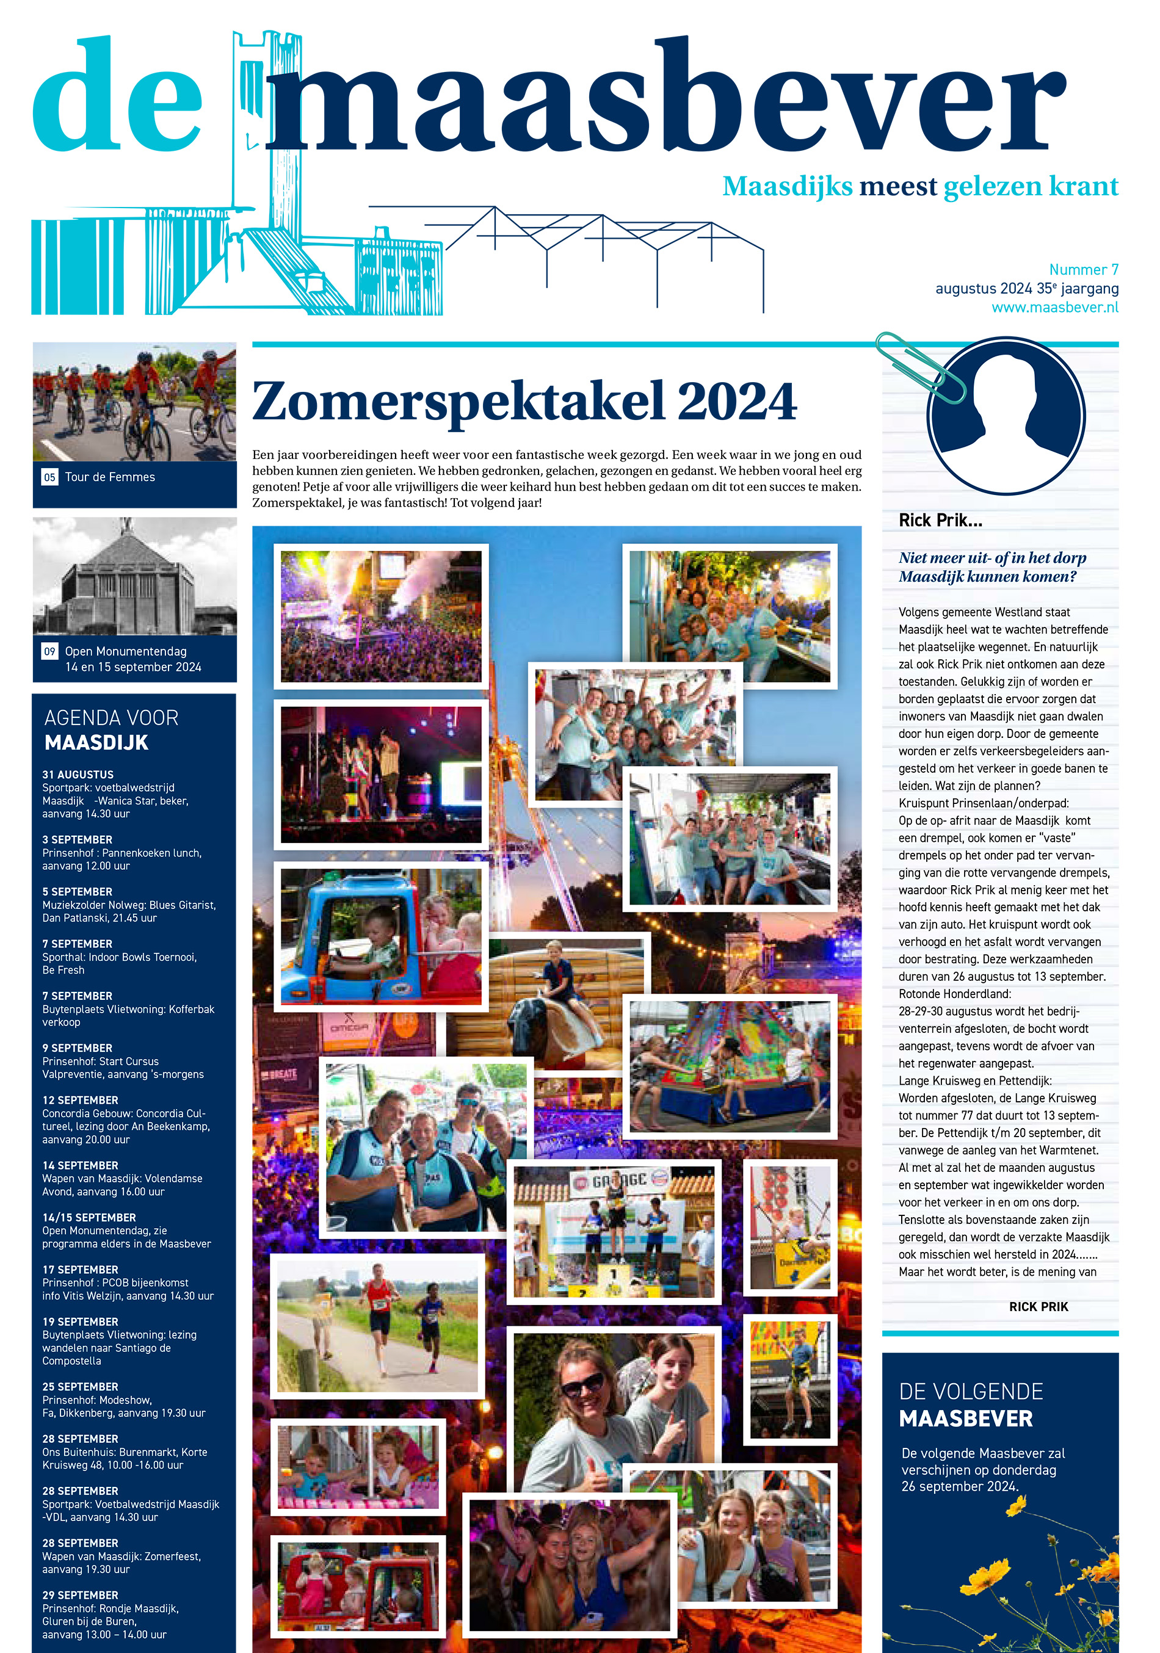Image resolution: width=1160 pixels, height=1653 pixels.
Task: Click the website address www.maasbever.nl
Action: [1054, 308]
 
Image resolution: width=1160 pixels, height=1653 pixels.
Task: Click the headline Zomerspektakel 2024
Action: [524, 402]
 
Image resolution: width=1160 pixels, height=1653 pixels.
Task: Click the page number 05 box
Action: [49, 477]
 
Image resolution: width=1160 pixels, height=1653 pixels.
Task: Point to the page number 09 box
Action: [49, 651]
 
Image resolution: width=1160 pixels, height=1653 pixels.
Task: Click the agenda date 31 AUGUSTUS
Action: [78, 775]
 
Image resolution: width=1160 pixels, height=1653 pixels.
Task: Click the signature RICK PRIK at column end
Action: [1039, 1307]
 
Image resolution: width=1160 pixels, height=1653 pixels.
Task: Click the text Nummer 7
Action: [1083, 270]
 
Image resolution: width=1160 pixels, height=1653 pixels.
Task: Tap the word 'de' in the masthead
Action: [117, 97]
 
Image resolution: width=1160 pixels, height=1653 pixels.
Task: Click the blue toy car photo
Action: [380, 936]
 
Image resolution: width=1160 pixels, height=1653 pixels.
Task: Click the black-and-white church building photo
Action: [135, 576]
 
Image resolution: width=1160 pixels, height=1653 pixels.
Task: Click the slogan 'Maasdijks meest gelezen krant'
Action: [919, 186]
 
